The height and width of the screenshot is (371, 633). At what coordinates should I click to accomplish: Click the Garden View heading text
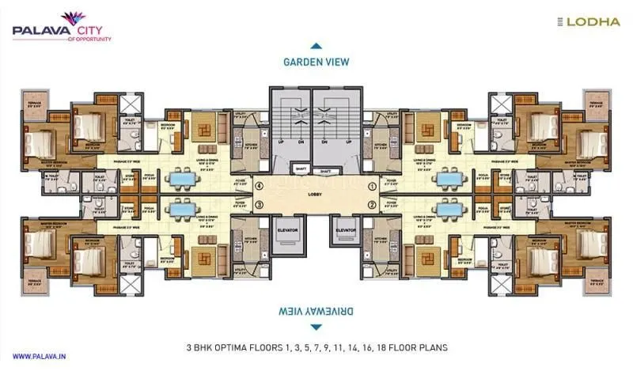pyautogui.click(x=316, y=62)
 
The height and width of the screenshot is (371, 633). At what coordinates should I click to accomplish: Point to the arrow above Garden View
pyautogui.click(x=316, y=46)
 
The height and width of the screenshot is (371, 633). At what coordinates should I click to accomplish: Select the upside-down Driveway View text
pyautogui.click(x=316, y=309)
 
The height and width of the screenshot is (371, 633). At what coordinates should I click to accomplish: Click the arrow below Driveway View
pyautogui.click(x=316, y=326)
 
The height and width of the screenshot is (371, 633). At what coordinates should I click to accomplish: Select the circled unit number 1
pyautogui.click(x=372, y=186)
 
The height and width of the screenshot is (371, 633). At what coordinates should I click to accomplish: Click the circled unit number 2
pyautogui.click(x=372, y=205)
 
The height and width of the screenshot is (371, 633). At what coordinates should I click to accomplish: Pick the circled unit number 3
pyautogui.click(x=260, y=205)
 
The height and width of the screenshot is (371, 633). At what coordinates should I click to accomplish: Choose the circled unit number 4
pyautogui.click(x=260, y=186)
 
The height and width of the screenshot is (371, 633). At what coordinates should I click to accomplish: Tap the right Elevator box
pyautogui.click(x=346, y=231)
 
